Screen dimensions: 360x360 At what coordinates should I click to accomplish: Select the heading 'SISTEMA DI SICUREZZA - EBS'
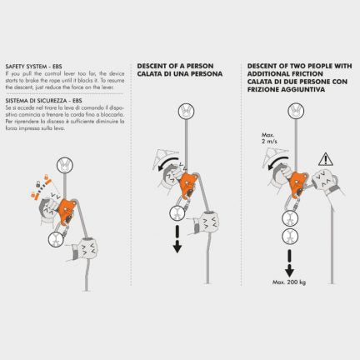coord(42,97)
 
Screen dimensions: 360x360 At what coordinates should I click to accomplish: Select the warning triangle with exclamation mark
coord(325,157)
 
